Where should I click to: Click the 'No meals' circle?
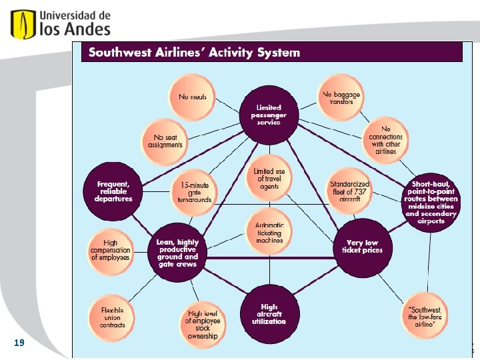[x=193, y=97]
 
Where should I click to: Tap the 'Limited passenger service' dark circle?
[x=269, y=115]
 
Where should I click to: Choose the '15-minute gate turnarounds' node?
[x=194, y=191]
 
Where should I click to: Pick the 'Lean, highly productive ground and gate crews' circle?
[x=177, y=251]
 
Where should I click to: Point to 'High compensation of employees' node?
[x=111, y=249]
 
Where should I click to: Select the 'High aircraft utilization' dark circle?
[x=269, y=315]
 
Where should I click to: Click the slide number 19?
[x=19, y=343]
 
